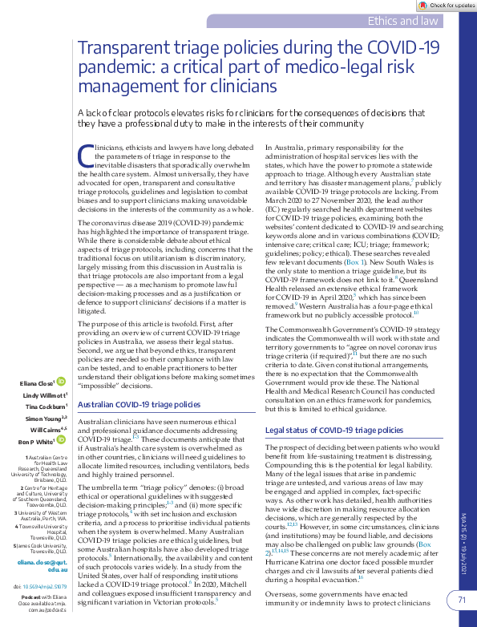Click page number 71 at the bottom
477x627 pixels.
pos(461,599)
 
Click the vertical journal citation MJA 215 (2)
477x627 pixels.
pos(463,526)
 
